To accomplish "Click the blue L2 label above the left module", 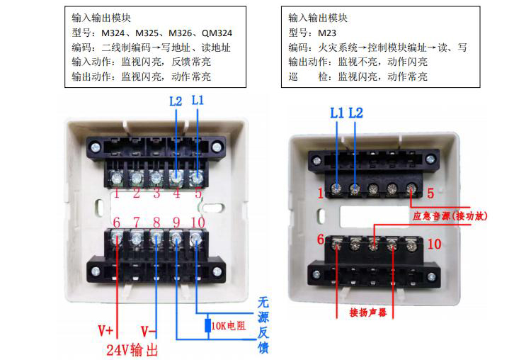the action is [x=176, y=101].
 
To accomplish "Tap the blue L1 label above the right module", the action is [x=336, y=113].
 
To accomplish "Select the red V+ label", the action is [x=105, y=330].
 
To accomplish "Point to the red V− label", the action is [x=149, y=331].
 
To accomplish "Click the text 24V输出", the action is [x=132, y=350].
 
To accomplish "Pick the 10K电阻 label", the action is [x=228, y=326].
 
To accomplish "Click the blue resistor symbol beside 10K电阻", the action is [x=208, y=325].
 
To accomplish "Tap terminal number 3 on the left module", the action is [x=156, y=193].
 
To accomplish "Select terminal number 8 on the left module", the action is [x=156, y=223].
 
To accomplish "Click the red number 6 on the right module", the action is [x=320, y=240].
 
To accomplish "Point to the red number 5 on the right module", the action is [x=430, y=193].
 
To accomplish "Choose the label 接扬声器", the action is [x=368, y=313].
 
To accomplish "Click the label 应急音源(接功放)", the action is [x=450, y=216].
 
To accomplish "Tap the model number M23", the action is [x=327, y=33].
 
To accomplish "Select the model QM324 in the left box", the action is [x=217, y=33].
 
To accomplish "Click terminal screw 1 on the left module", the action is [x=116, y=177].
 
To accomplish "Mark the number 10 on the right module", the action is [x=434, y=244].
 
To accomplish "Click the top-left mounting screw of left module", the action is [x=96, y=148].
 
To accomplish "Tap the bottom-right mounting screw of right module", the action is [x=431, y=276].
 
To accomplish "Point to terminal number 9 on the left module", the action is [x=176, y=223].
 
